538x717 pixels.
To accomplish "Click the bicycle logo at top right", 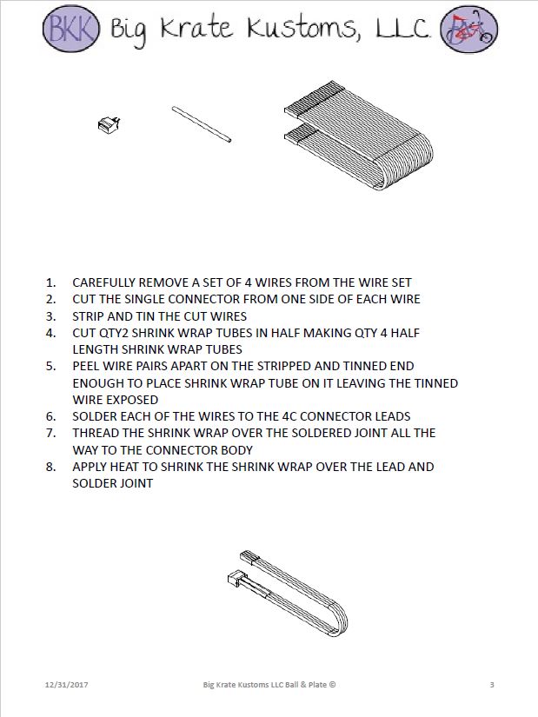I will click(468, 29).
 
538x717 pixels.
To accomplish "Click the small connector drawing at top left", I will click(109, 124).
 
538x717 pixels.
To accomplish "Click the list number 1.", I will click(51, 282).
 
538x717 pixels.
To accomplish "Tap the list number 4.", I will click(51, 333).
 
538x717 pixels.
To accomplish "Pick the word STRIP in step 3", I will click(89, 315).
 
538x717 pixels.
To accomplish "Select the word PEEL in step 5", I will click(87, 366).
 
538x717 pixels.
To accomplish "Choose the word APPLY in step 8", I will click(90, 467).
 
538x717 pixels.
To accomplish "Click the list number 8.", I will click(51, 467).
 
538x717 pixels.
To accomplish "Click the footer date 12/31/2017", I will click(66, 685).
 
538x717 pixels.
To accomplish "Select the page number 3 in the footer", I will click(492, 685).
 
